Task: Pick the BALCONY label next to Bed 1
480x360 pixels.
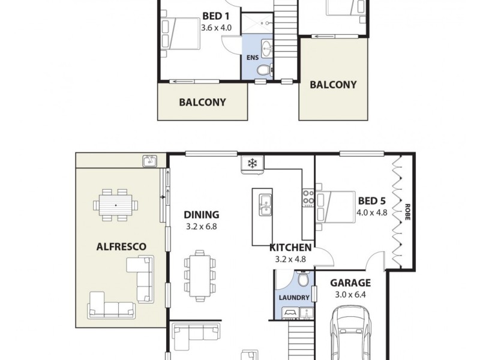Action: point(203,102)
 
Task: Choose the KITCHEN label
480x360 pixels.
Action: point(290,247)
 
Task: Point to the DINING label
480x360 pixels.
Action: point(201,214)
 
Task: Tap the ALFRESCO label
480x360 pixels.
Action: point(122,246)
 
